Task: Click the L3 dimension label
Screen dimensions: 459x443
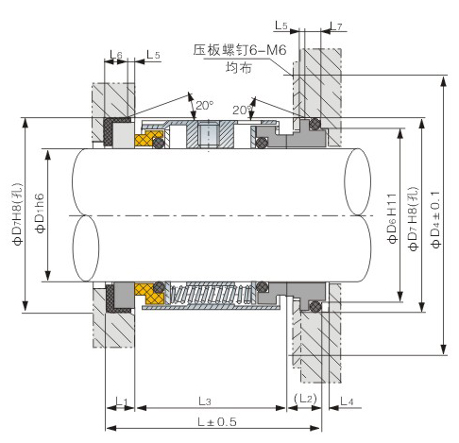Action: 205,400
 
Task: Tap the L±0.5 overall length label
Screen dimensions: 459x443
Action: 217,421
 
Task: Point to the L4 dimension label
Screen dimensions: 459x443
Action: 348,400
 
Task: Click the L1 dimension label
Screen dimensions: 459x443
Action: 121,401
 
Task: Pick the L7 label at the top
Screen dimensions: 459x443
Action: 336,26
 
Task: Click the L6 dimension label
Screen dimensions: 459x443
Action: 116,55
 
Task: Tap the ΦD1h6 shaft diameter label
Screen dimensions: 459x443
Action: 40,213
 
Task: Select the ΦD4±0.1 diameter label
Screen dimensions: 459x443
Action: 436,219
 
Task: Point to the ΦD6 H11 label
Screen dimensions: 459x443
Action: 393,218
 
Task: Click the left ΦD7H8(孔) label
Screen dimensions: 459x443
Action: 18,214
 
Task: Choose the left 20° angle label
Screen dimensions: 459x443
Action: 205,105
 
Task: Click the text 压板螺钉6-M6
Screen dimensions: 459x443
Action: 240,50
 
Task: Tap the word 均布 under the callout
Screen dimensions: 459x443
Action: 239,67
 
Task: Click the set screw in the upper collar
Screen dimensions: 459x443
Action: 208,135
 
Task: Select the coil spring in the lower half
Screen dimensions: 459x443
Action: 211,294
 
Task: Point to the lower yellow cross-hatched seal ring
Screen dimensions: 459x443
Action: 149,293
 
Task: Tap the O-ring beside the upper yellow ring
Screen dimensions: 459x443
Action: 159,144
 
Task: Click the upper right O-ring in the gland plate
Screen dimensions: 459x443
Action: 314,124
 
